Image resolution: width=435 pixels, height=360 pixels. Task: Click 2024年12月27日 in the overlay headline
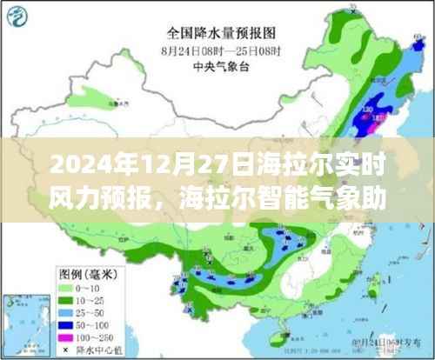click(x=104, y=163)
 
